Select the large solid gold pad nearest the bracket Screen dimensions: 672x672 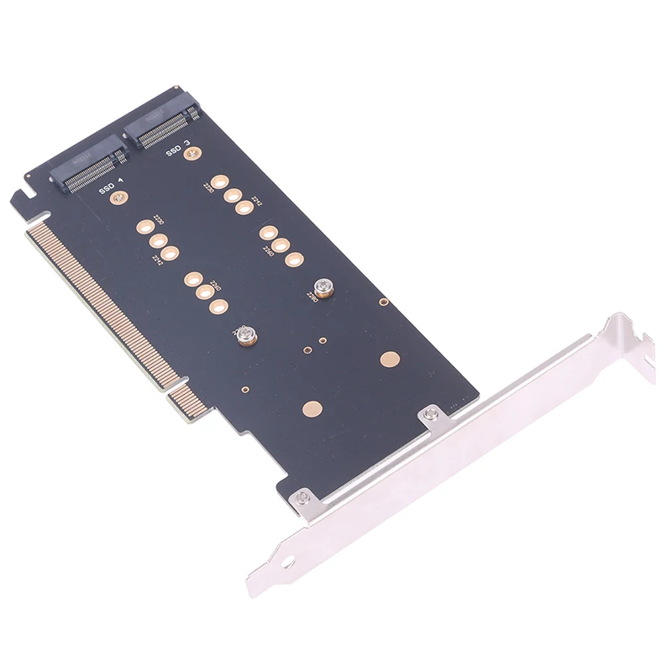point(388,360)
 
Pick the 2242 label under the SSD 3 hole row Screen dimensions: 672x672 point(257,202)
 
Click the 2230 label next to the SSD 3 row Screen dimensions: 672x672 point(207,188)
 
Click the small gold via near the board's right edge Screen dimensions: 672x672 point(382,301)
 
